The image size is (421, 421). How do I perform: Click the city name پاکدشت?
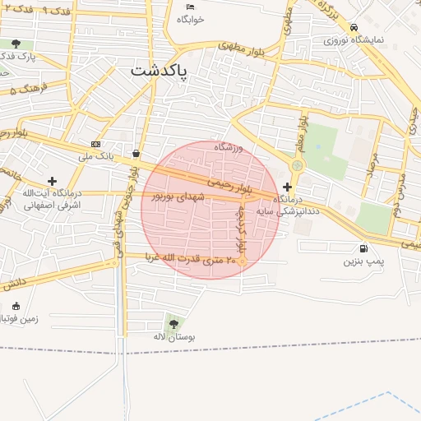click(x=159, y=72)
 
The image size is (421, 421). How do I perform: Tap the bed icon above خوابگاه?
click(x=190, y=7)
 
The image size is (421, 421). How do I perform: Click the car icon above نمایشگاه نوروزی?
click(x=354, y=26)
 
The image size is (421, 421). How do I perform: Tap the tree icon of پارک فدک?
click(x=16, y=44)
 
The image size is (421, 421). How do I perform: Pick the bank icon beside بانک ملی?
click(x=95, y=143)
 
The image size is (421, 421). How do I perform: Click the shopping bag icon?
click(x=136, y=153)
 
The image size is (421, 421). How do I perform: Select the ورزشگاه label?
click(x=230, y=146)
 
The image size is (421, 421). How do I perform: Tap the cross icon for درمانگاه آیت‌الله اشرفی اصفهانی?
click(x=53, y=180)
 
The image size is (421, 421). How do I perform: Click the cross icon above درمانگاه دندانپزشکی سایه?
click(x=287, y=187)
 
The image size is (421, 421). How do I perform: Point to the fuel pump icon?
click(x=363, y=249)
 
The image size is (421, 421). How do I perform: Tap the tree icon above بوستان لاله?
click(x=173, y=323)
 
